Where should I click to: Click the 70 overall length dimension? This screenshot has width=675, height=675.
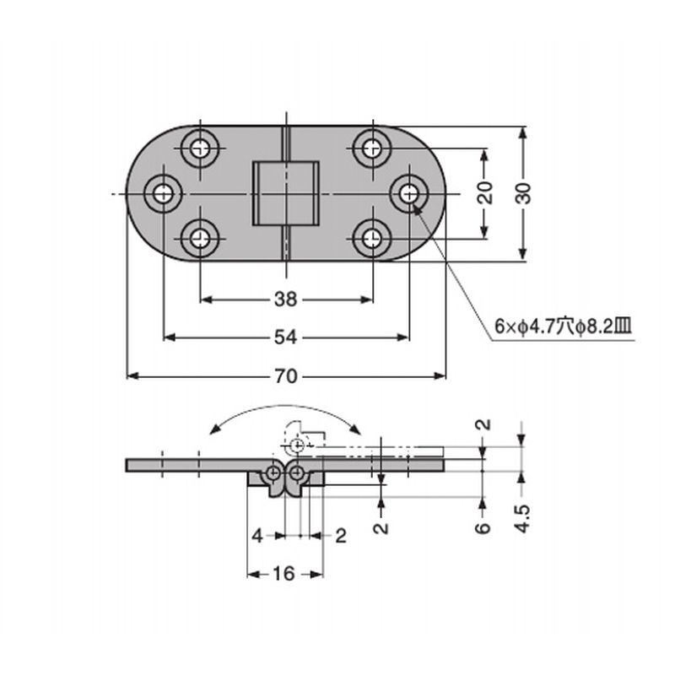pos(286,376)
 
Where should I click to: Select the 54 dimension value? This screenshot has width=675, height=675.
pos(286,337)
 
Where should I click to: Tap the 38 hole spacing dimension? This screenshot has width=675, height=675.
pos(286,300)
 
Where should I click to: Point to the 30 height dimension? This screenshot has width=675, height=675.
pos(523,193)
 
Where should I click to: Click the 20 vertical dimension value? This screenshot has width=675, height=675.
pos(485,193)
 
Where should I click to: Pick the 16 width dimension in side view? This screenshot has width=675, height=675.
pos(284,574)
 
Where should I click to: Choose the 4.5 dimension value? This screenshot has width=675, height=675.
pos(522,519)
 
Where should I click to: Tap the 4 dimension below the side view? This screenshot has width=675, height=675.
pos(257,536)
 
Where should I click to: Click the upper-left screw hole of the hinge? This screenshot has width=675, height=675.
pos(200,149)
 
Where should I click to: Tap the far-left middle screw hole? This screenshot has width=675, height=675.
pos(163,194)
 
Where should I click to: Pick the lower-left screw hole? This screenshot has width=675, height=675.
pos(200,238)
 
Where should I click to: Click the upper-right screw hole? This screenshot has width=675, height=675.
pos(371,149)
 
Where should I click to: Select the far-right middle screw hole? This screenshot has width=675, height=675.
pos(409,194)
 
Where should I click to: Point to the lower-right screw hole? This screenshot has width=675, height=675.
pos(371,238)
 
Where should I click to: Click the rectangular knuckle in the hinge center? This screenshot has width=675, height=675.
pos(285,194)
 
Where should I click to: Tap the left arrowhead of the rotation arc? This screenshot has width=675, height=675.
pos(213,429)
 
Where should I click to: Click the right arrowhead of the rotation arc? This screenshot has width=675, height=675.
pos(355,429)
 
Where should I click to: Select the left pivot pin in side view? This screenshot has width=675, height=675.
pos(273,473)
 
